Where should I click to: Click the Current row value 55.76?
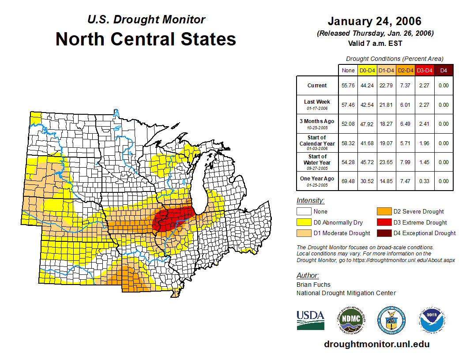click(348, 86)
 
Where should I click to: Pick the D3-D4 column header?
click(425, 71)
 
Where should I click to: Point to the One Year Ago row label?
click(317, 179)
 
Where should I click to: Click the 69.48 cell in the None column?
click(348, 181)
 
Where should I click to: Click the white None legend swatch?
click(303, 212)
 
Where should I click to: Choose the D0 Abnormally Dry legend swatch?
click(303, 222)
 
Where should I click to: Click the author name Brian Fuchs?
click(313, 285)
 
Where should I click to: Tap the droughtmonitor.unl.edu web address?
click(376, 344)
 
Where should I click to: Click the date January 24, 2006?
click(374, 21)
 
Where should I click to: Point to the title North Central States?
click(146, 39)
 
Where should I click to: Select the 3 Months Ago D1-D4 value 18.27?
click(387, 124)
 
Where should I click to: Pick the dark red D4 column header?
click(443, 71)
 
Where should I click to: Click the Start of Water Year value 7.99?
click(406, 162)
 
